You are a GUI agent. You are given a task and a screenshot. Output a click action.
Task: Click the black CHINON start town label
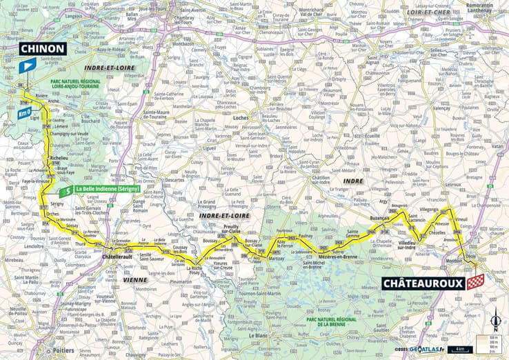(x=43, y=48)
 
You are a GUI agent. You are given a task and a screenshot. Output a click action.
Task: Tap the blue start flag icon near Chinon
(x=27, y=66)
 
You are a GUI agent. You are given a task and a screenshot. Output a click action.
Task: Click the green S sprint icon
(x=65, y=190)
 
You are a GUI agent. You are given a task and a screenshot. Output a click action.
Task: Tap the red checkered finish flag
(x=475, y=282)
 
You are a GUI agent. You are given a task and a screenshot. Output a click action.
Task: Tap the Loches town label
(x=241, y=118)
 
